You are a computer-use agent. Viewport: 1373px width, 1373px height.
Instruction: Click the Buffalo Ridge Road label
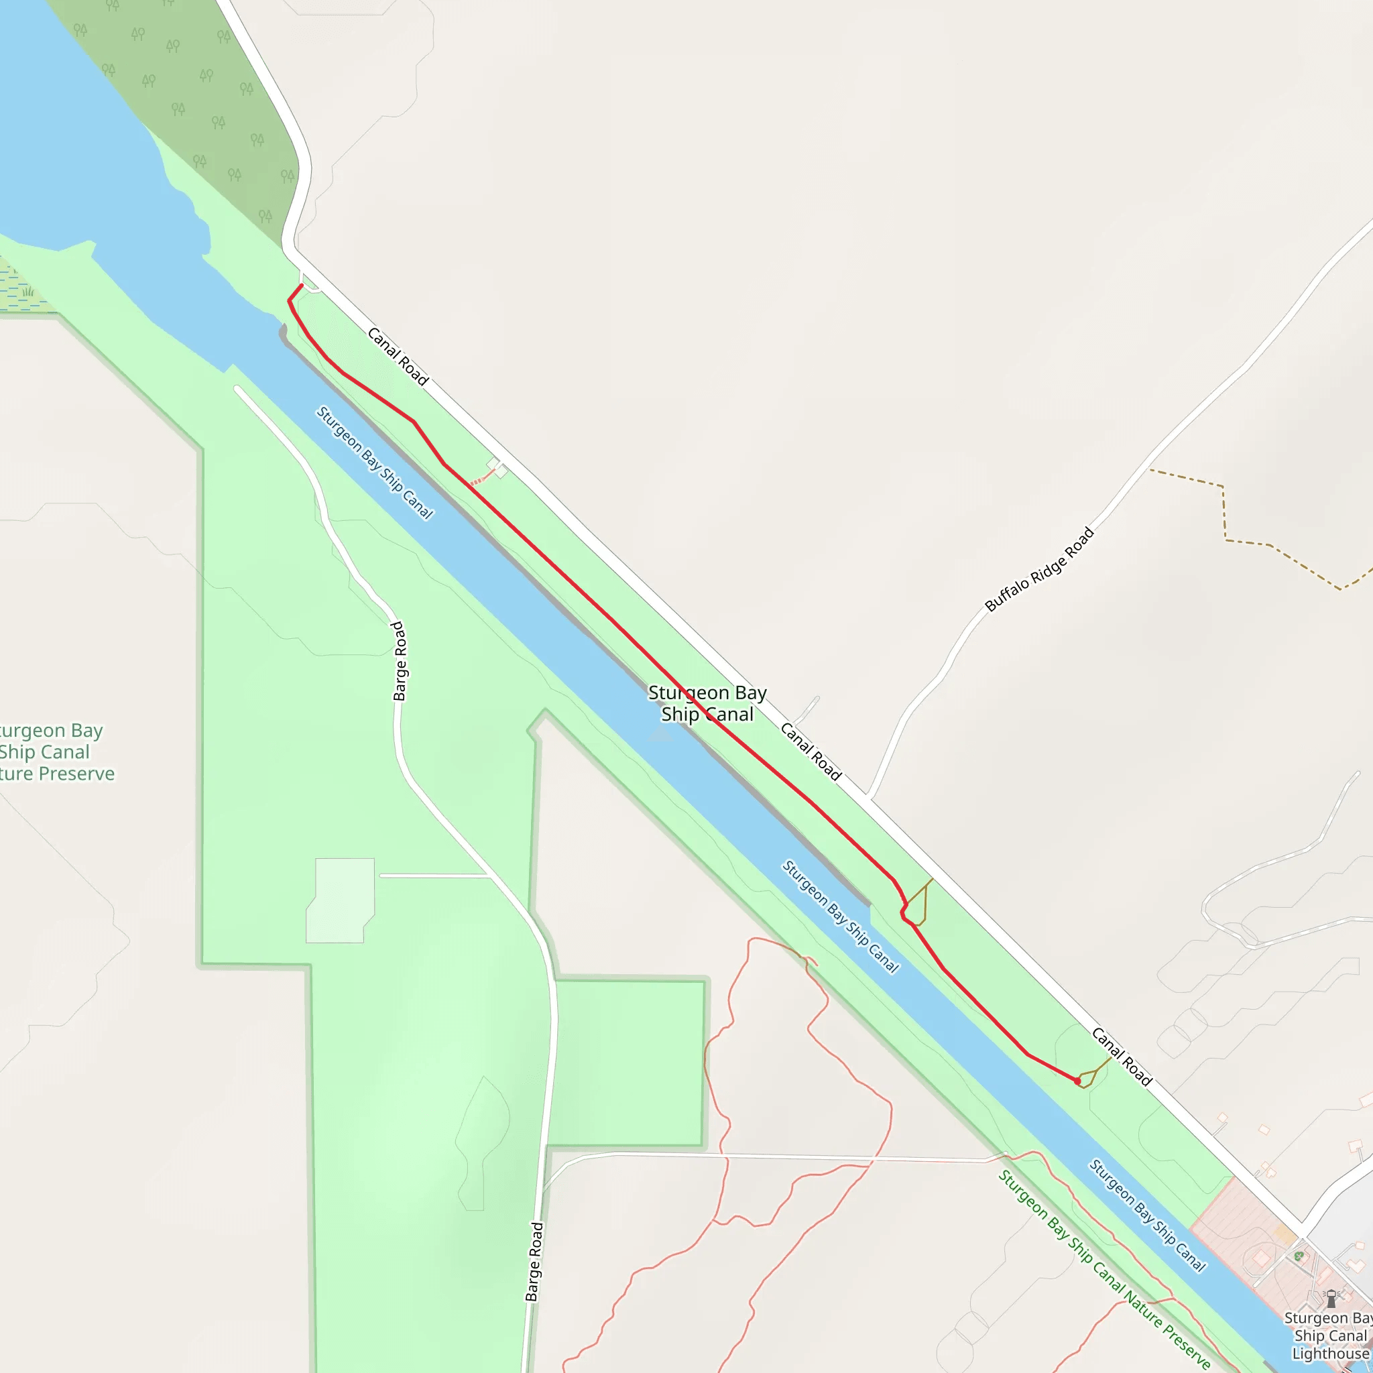coord(1039,569)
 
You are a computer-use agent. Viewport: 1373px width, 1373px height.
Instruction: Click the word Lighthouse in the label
coord(1329,1354)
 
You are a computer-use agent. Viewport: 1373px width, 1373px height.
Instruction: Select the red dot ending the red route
coord(1077,1081)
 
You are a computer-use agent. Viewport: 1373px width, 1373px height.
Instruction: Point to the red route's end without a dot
coord(302,286)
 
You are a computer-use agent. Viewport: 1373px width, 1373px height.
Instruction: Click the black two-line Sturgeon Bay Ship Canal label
coord(707,703)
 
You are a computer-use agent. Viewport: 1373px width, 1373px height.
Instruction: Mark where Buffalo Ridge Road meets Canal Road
coord(868,796)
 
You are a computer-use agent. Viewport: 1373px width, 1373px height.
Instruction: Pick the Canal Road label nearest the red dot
coord(1121,1057)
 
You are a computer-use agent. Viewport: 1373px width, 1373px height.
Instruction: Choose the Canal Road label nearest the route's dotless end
coord(398,357)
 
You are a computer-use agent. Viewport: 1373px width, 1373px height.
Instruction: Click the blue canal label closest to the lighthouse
coord(1148,1215)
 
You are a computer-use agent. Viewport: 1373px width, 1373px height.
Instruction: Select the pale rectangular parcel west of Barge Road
coord(341,900)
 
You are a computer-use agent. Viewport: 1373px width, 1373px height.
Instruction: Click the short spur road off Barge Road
coord(435,876)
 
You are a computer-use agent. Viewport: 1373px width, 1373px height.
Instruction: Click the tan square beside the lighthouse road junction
coord(1282,1233)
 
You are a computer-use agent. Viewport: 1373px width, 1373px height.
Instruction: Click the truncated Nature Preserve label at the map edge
coord(54,752)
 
